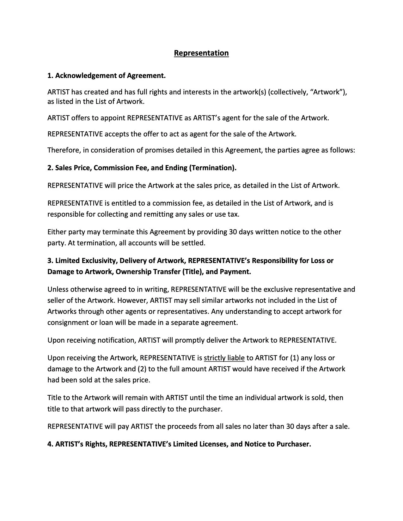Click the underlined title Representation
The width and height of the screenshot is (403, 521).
[x=201, y=53]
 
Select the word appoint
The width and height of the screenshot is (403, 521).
[x=113, y=118]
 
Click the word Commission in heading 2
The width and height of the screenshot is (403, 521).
[x=109, y=168]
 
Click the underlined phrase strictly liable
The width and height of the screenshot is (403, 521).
[x=224, y=358]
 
